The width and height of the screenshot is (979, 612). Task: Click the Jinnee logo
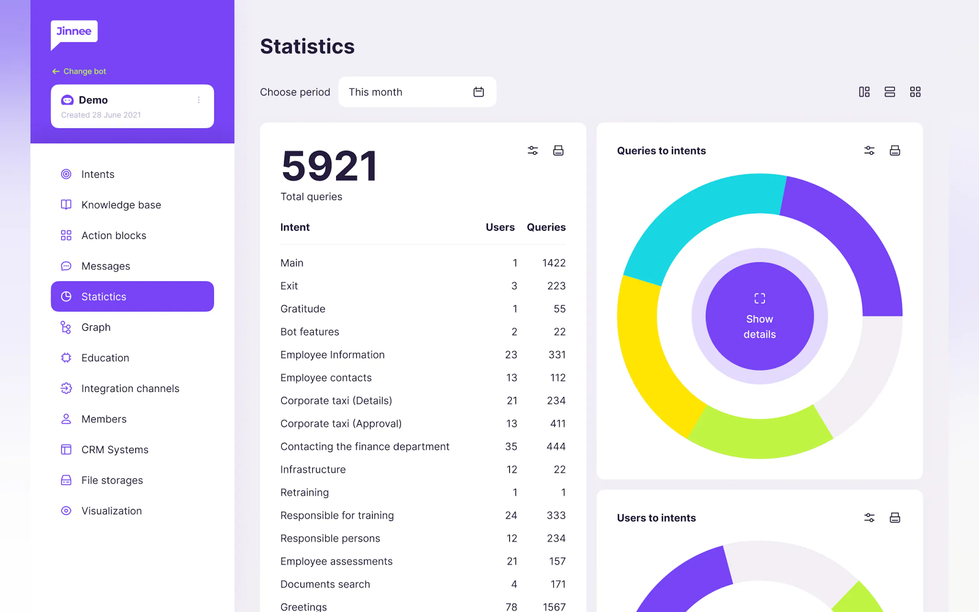(x=74, y=32)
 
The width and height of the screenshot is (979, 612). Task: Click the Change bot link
(x=79, y=71)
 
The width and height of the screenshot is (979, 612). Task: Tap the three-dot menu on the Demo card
(x=199, y=100)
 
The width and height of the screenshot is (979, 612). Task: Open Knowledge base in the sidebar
(x=121, y=205)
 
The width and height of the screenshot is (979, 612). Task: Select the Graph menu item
(x=96, y=327)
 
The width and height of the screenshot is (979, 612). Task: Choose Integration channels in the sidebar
(x=130, y=388)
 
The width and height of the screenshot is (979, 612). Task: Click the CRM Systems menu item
(x=114, y=449)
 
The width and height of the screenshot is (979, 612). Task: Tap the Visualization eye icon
(x=66, y=511)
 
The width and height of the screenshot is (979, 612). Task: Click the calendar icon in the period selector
(x=478, y=92)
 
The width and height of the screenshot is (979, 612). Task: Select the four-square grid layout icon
(x=915, y=92)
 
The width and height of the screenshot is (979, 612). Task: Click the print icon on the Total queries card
(x=558, y=151)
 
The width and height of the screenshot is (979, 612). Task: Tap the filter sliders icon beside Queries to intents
(x=869, y=151)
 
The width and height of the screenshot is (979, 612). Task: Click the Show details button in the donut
(x=759, y=316)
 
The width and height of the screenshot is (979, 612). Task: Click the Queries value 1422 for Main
(x=553, y=263)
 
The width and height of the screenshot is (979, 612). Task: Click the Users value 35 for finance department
(x=511, y=446)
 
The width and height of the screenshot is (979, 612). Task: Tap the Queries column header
(x=545, y=227)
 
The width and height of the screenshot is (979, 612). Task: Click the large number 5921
(x=330, y=166)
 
